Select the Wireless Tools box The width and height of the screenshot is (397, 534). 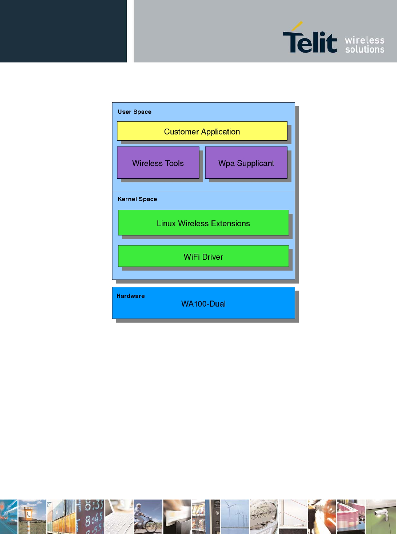158,163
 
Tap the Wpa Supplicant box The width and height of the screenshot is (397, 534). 246,163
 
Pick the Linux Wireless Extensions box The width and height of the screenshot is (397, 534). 203,223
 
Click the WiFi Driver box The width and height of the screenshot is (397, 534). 203,256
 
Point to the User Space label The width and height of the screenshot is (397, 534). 134,112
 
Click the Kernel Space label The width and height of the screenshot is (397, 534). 137,199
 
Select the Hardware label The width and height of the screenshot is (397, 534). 130,296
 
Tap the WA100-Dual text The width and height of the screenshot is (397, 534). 203,304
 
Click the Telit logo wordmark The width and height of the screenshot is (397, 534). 310,42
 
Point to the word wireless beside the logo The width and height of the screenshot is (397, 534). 364,40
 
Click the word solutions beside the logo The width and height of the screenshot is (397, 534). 364,49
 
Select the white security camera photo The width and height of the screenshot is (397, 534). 380,516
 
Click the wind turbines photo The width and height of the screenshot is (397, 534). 235,516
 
